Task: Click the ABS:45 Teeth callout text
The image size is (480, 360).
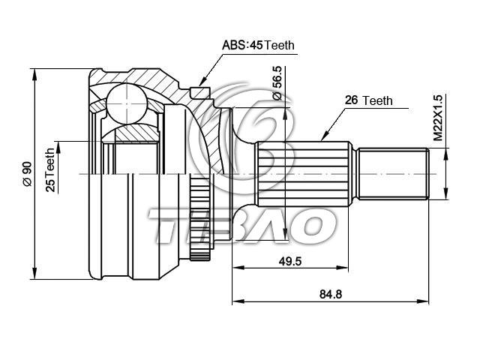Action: point(258,45)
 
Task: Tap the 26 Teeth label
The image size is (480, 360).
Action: point(368,100)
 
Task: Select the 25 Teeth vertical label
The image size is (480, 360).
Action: point(50,170)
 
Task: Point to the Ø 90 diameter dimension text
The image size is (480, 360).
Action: point(27,173)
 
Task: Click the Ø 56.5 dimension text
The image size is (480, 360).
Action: point(277,82)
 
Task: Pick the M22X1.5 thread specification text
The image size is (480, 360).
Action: point(438,118)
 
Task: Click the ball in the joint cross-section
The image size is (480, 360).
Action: point(127,103)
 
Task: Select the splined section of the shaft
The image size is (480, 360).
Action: point(303,173)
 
